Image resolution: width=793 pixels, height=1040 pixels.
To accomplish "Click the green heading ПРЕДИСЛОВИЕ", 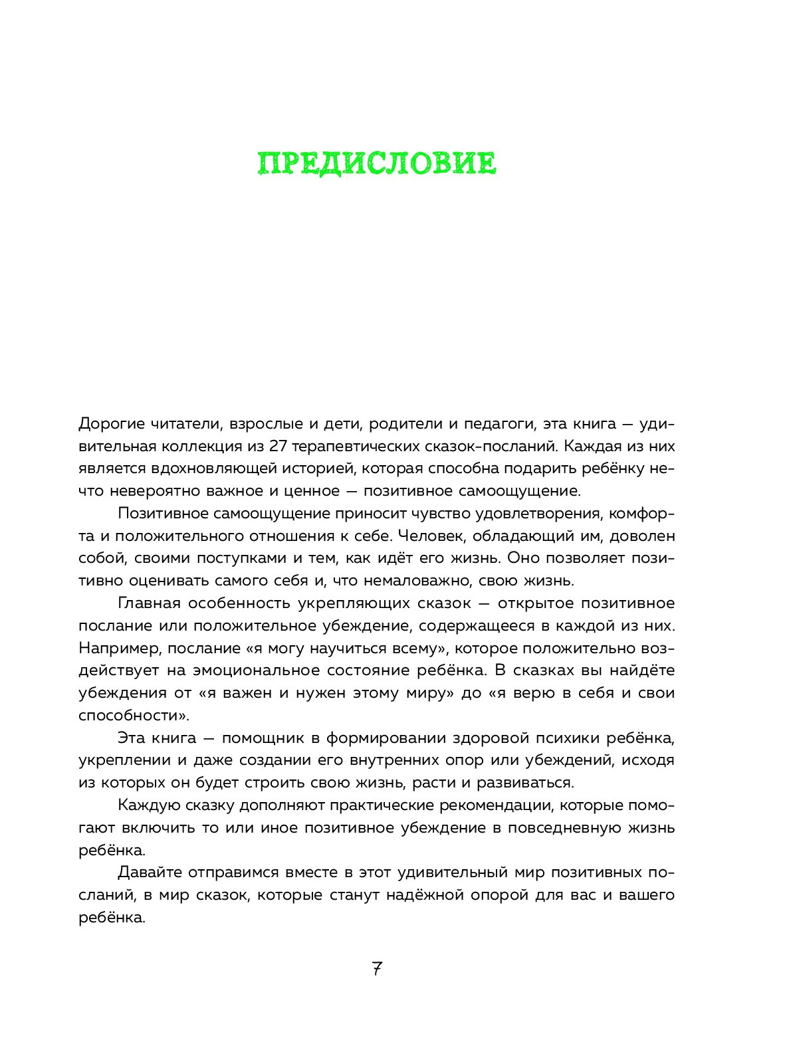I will click(x=377, y=163).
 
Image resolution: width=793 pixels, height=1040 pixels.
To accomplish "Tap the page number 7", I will click(x=377, y=968).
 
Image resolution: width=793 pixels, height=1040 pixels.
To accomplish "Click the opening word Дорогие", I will click(x=110, y=424).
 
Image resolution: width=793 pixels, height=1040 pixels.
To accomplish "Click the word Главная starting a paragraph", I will click(x=149, y=603).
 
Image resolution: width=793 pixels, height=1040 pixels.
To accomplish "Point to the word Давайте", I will click(x=150, y=873).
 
